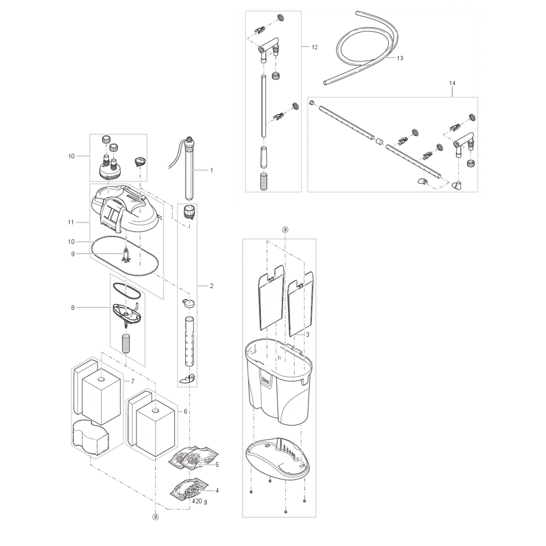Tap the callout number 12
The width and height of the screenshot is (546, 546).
pos(314,47)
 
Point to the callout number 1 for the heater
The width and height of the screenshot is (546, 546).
pos(211,170)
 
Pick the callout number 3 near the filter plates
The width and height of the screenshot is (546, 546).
pos(308,335)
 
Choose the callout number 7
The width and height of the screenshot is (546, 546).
pos(133,382)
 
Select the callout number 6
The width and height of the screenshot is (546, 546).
pos(185,411)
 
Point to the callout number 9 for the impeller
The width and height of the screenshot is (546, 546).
pos(73,254)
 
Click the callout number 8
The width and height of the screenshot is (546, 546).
pos(73,308)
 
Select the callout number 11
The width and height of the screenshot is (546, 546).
pos(71,222)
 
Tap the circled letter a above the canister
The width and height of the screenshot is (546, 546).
pos(285,230)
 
